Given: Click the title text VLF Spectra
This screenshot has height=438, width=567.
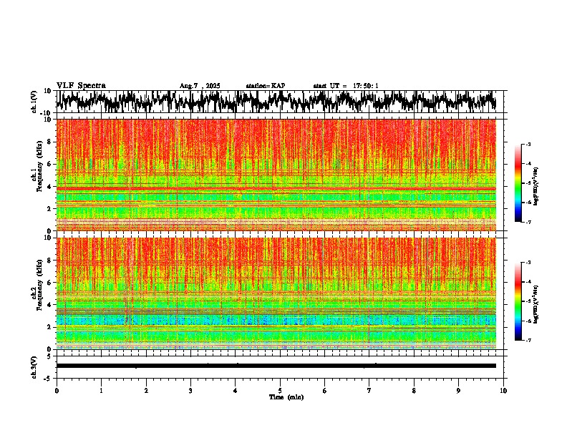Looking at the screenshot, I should point(82,85).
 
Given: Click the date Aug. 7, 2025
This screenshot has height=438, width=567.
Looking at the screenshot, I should point(200,86).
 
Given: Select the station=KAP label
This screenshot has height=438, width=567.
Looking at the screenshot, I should point(266,86).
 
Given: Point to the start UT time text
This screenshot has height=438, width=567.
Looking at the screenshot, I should point(346,86).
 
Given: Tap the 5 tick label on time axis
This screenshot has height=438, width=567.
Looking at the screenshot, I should point(280,390).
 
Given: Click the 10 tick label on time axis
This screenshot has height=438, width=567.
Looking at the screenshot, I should point(503,390).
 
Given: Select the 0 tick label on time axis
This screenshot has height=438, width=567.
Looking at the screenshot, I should point(57,390).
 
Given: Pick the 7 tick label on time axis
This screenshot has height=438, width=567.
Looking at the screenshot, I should point(369,390).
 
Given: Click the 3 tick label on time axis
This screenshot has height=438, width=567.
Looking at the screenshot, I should point(190,390).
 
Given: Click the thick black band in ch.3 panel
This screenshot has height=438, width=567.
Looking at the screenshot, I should point(276,366).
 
